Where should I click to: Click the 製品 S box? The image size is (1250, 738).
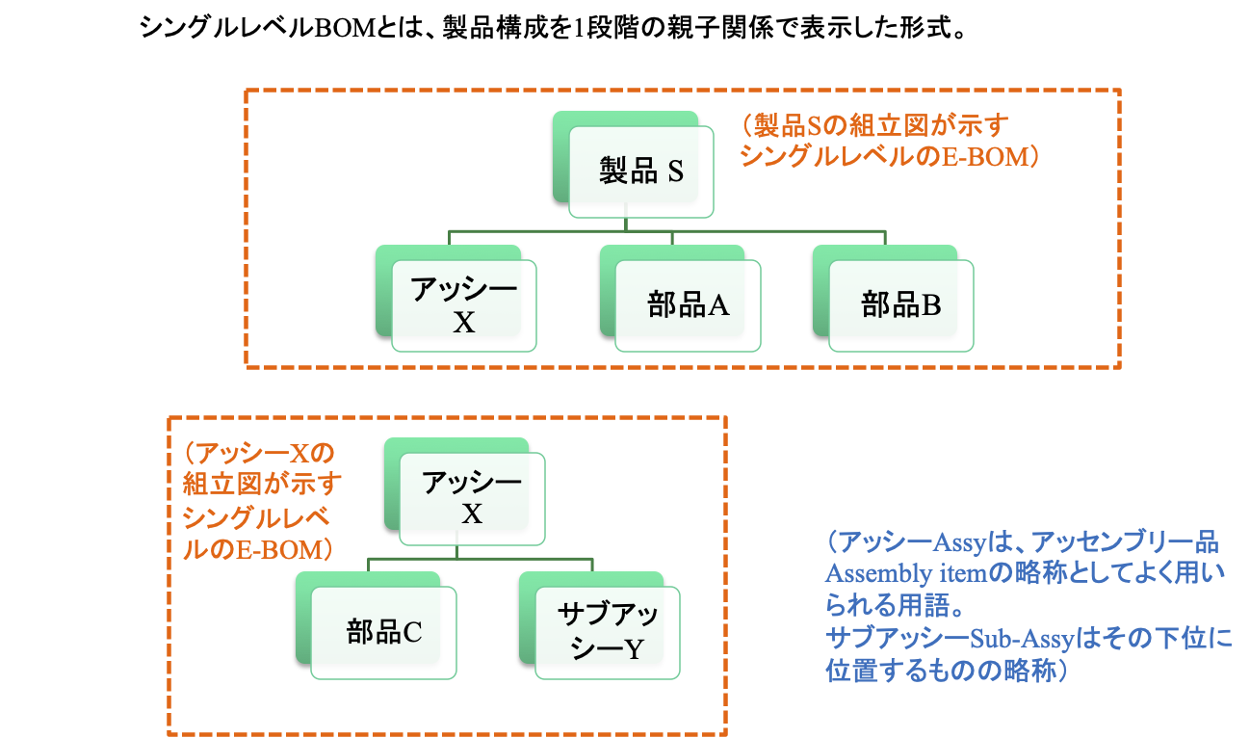(641, 172)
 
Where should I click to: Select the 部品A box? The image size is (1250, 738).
(688, 305)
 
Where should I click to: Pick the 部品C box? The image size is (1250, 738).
(384, 632)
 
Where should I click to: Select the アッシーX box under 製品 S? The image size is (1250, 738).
(464, 305)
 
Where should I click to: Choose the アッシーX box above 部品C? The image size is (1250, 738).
(472, 498)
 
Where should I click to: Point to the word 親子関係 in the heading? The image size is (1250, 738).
(706, 28)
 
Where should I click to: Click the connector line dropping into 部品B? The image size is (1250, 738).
(885, 239)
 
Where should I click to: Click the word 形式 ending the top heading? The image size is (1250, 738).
(925, 28)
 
